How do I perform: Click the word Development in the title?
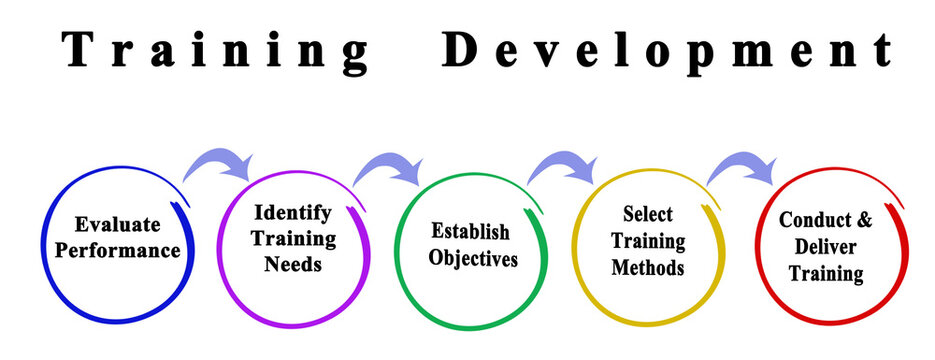pos(668,50)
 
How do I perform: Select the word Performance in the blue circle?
pos(117,249)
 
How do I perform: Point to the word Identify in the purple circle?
pos(292,213)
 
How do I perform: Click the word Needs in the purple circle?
pos(292,265)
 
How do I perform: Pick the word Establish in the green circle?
pos(470,232)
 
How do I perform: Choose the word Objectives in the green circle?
pos(473,258)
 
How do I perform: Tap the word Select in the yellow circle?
pos(648,214)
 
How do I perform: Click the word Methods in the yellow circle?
pos(648,268)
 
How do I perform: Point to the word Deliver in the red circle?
pos(825,246)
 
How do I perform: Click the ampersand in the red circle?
pos(863,220)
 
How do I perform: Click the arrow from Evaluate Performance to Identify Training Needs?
pos(218,161)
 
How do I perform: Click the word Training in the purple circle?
pos(292,239)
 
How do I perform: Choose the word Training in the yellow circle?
pos(648,241)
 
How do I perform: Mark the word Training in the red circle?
pos(825,273)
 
